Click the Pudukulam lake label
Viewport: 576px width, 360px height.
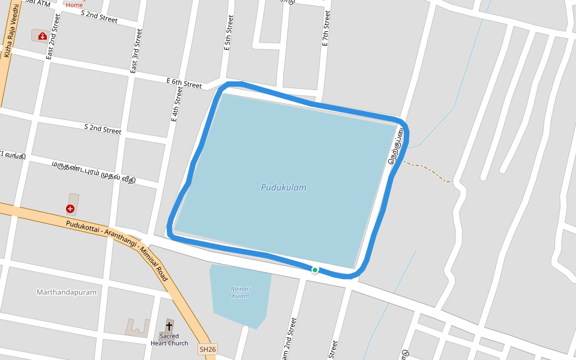click(x=283, y=187)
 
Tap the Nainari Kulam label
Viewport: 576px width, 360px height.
click(x=240, y=292)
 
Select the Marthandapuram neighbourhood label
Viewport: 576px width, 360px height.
click(x=66, y=292)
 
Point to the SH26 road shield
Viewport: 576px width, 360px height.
click(x=208, y=349)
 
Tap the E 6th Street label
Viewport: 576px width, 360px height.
click(x=184, y=83)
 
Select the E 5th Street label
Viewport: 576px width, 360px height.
click(x=229, y=33)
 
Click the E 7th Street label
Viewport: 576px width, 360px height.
click(x=326, y=28)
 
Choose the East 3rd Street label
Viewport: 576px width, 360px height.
click(x=136, y=51)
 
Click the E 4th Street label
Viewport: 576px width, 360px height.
click(x=176, y=104)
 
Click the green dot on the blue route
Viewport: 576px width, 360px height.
click(x=315, y=270)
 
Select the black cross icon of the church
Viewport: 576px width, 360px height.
click(x=169, y=326)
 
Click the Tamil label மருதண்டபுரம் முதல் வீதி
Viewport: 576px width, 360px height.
click(x=93, y=172)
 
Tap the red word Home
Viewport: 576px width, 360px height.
click(x=74, y=5)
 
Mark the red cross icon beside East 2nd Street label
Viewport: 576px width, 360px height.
click(x=42, y=36)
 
